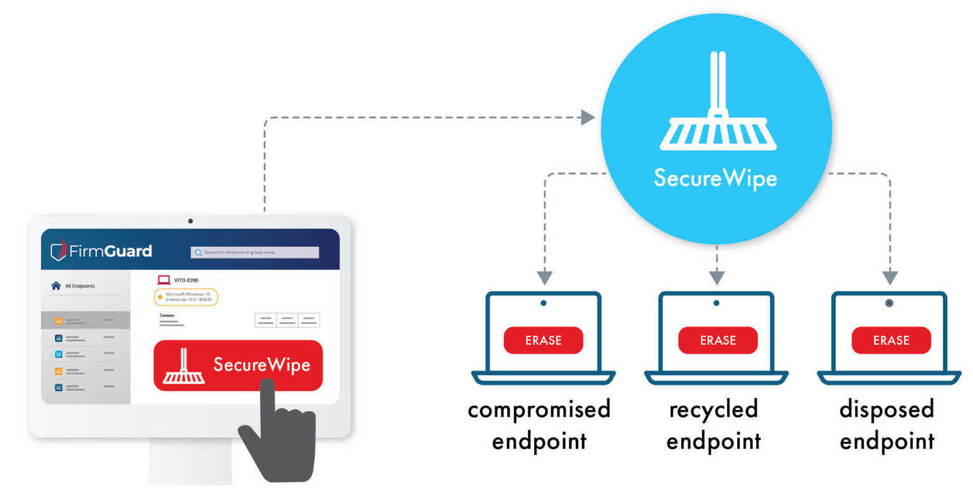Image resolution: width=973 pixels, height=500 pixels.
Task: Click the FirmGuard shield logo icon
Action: click(x=59, y=251)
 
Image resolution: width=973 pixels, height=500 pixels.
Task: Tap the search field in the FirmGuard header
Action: click(x=255, y=252)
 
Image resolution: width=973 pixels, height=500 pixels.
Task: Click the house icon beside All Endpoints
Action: click(x=56, y=286)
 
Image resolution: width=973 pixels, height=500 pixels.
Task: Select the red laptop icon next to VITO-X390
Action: click(x=164, y=280)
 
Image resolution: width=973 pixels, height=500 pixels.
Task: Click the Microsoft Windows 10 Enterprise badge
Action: click(x=186, y=297)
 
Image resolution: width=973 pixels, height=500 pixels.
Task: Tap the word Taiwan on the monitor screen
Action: click(x=167, y=315)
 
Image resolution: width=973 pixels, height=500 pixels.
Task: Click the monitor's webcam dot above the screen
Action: click(x=190, y=221)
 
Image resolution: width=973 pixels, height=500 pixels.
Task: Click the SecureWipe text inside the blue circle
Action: click(x=715, y=178)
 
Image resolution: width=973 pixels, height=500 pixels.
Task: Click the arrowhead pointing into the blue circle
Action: click(x=587, y=117)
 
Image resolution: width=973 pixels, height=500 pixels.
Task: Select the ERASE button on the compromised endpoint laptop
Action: click(x=544, y=341)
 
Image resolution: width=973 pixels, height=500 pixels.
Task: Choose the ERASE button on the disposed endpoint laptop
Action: click(x=891, y=341)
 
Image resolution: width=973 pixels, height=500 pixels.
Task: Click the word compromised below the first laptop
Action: click(x=538, y=410)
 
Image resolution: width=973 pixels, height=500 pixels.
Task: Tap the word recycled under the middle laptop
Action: click(x=713, y=410)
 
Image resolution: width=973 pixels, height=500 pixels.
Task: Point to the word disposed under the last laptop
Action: click(x=886, y=410)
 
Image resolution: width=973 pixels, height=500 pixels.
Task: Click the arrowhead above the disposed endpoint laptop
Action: click(x=890, y=278)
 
